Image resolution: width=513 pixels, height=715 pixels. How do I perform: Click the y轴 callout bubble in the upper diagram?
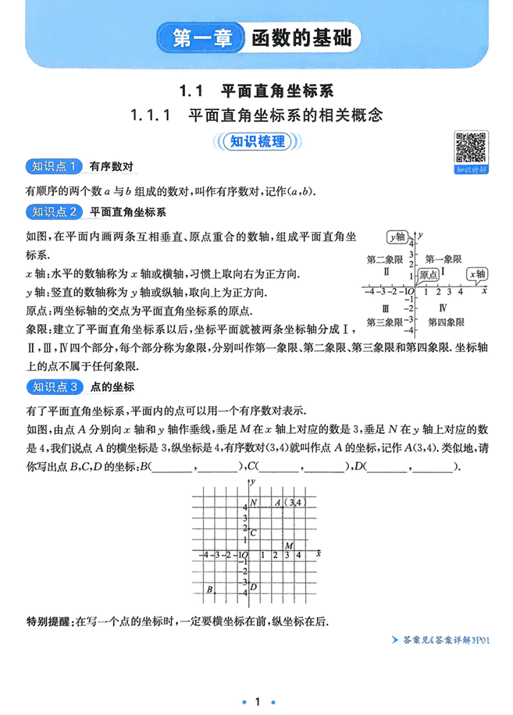tap(397, 237)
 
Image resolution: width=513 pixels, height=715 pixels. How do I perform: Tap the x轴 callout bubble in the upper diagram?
tap(477, 274)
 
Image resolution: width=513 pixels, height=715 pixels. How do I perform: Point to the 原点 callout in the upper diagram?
tap(427, 275)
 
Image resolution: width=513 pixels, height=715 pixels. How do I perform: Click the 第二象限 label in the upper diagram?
tap(384, 258)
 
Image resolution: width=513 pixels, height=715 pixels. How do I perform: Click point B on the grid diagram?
tap(210, 589)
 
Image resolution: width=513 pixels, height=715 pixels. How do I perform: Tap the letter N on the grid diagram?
tap(251, 503)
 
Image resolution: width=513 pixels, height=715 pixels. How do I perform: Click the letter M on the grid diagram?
tap(289, 545)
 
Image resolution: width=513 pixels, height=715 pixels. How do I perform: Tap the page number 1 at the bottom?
tap(257, 681)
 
